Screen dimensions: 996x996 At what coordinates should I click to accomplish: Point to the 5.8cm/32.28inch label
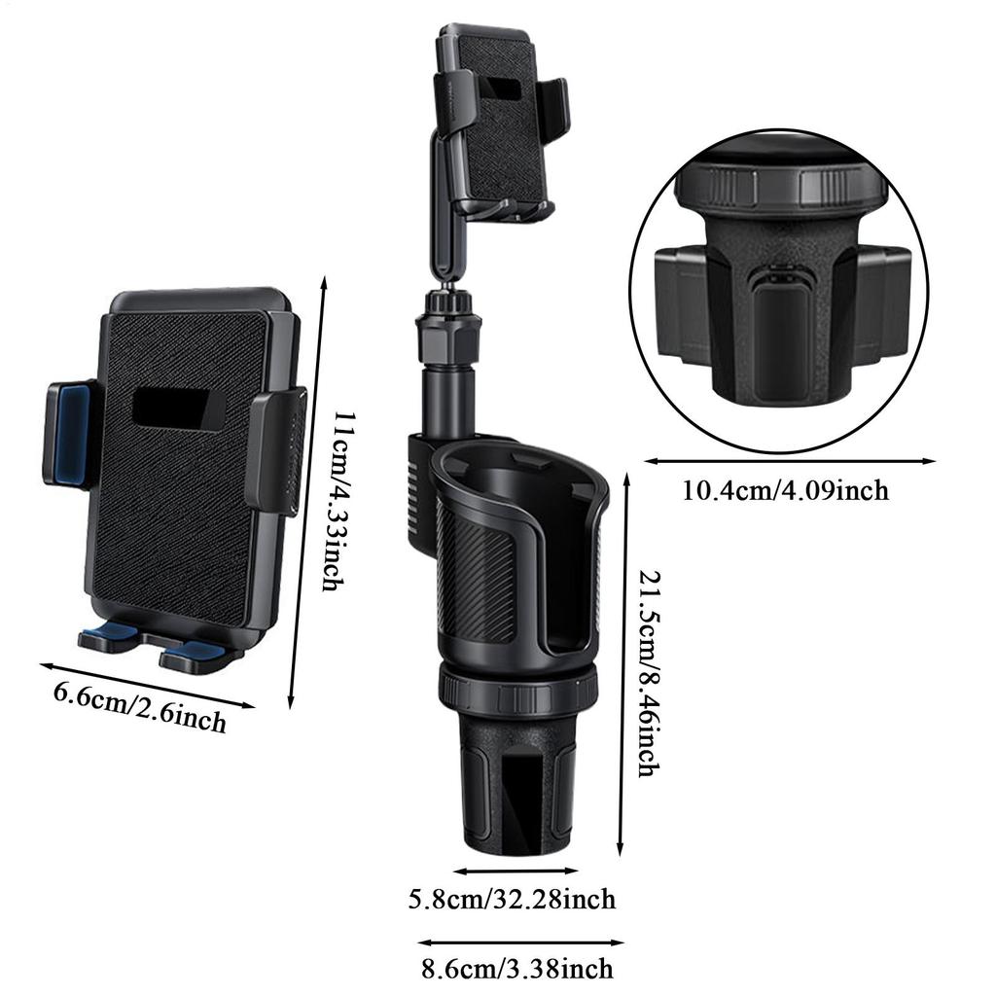512,899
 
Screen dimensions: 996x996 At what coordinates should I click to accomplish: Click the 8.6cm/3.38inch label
517,969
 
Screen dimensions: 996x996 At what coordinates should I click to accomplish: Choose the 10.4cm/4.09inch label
785,489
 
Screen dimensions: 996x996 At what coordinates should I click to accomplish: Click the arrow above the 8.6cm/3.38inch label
520,942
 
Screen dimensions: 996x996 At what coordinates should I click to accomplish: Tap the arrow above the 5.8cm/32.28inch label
516,871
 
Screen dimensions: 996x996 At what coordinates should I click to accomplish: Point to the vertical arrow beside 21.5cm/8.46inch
623,661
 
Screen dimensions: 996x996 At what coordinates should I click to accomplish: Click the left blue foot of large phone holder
108,637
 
